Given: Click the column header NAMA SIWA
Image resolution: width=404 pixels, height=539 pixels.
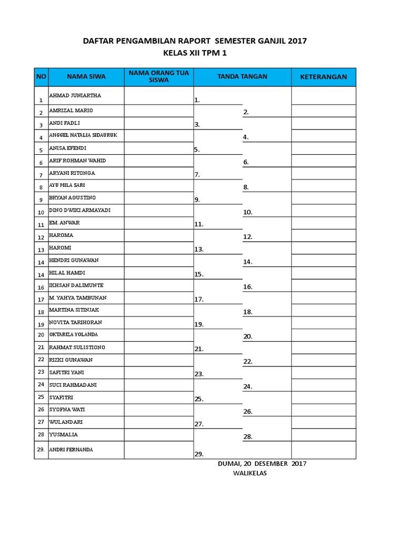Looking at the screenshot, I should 86,77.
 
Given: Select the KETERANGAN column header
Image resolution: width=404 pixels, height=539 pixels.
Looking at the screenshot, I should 324,77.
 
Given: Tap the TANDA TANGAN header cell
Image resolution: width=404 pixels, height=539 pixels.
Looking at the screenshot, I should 242,77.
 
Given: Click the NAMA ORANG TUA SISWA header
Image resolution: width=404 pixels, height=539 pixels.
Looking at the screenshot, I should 159,77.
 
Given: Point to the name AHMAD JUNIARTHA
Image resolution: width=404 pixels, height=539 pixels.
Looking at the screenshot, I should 75,96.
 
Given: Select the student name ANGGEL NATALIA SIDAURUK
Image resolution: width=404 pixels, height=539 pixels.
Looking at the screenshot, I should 83,135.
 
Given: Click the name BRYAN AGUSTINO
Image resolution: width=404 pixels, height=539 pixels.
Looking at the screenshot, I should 72,197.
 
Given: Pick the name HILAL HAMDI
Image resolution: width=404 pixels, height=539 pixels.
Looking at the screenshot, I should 67,273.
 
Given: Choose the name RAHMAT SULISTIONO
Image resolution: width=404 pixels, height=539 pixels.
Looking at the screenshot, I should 77,347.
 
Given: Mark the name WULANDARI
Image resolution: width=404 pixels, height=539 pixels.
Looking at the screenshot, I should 66,422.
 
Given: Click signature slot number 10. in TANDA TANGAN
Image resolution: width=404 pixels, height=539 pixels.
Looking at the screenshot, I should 248,213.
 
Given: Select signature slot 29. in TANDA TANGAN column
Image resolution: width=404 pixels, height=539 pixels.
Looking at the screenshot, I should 199,454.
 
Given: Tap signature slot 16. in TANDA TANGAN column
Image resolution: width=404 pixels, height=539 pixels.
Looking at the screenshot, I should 248,287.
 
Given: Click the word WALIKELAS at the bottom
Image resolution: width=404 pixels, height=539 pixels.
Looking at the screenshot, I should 250,474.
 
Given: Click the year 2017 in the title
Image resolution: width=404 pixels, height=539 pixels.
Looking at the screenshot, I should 297,41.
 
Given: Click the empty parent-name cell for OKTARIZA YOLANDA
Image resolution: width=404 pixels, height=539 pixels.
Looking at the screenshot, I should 159,335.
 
